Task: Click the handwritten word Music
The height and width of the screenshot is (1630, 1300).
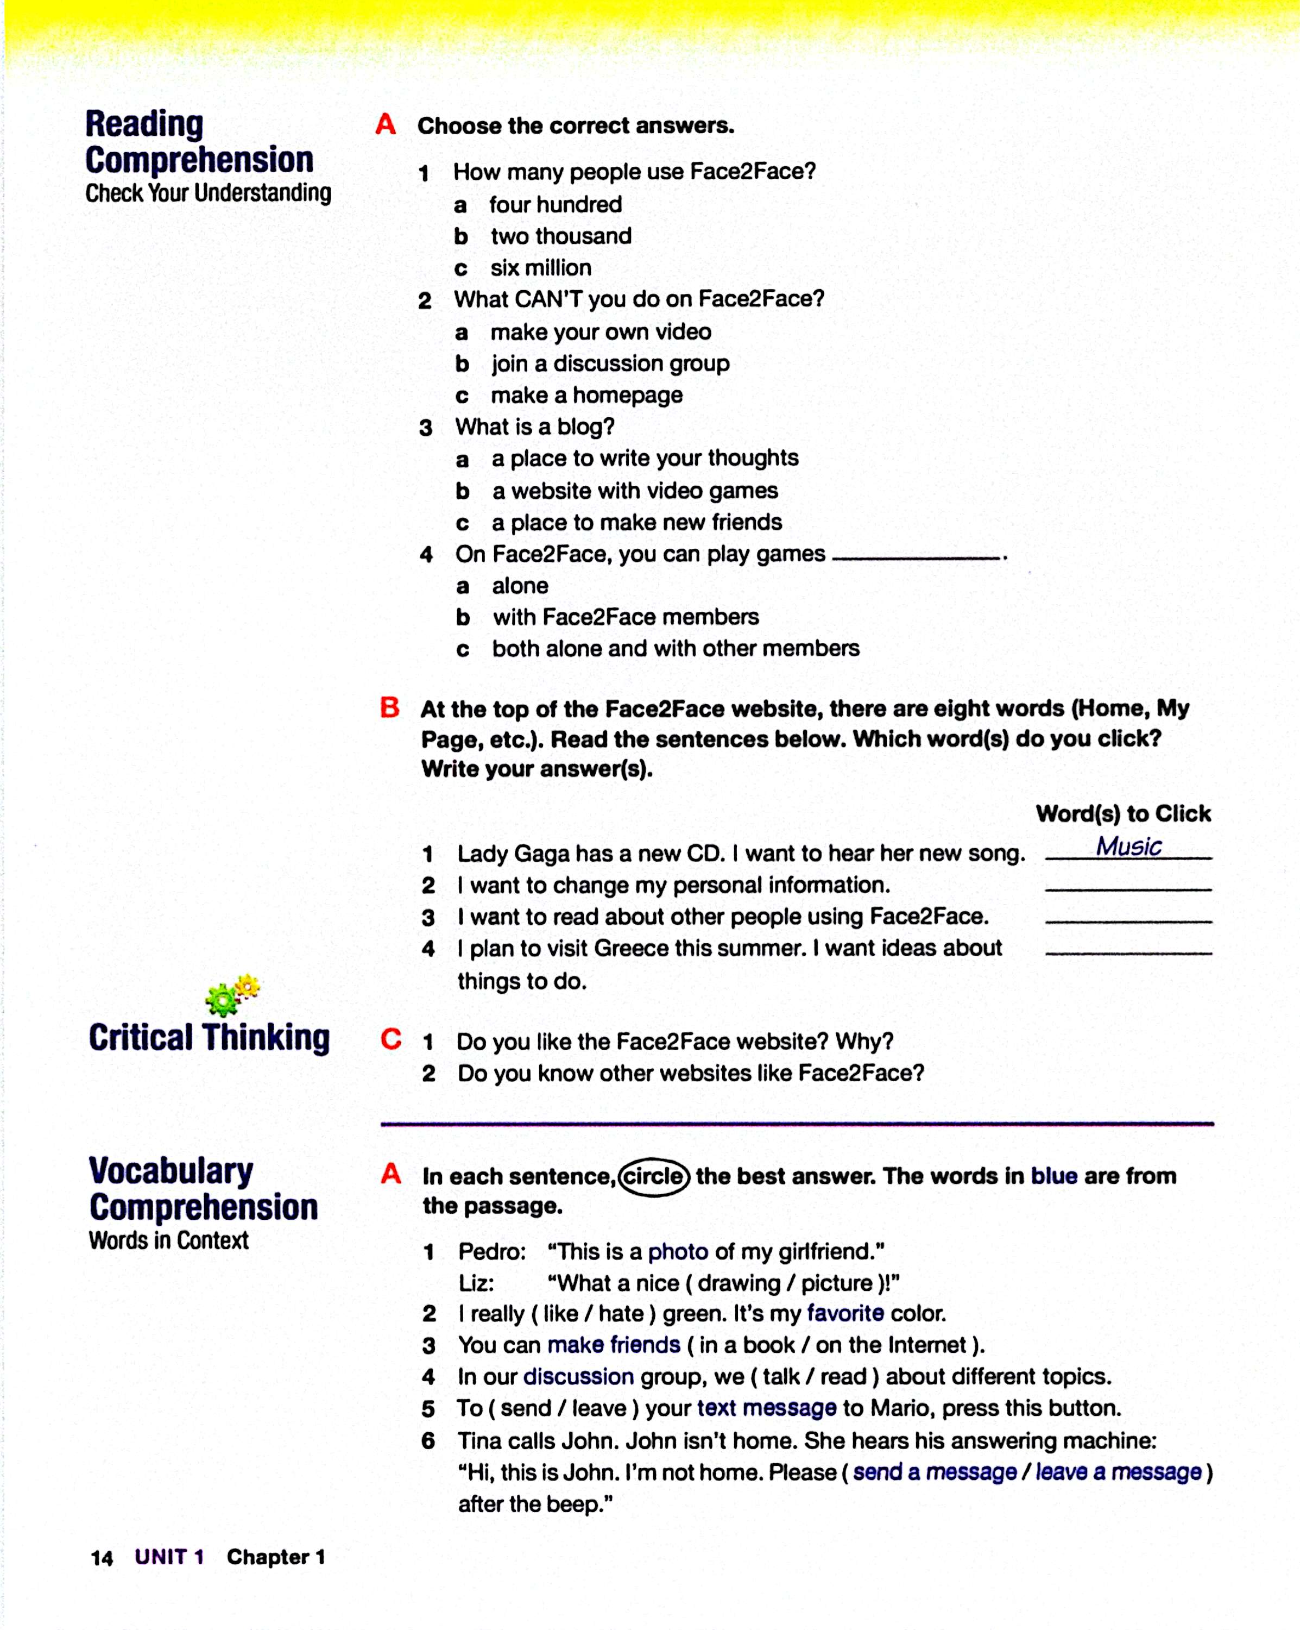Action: pos(1128,846)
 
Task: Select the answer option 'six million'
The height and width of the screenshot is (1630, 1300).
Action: pos(540,268)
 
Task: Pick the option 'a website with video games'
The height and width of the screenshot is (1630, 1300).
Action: pos(635,491)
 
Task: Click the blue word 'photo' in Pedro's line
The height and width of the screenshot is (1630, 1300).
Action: pos(678,1251)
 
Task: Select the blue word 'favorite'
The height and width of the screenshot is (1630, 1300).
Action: pos(845,1313)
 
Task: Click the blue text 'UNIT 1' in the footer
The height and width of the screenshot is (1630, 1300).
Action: pos(169,1557)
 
